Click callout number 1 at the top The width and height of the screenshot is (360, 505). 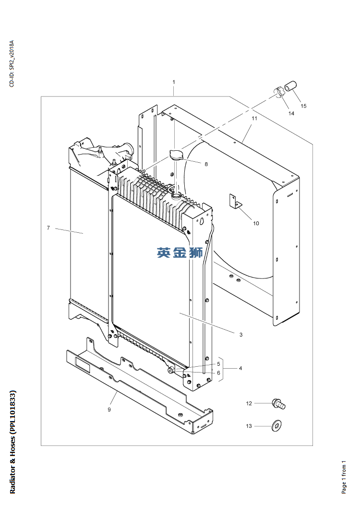(x=174, y=83)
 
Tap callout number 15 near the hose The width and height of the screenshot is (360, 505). (x=303, y=106)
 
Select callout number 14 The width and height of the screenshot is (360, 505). (x=291, y=113)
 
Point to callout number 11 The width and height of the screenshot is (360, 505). (x=254, y=118)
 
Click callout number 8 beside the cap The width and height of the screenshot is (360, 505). (x=206, y=164)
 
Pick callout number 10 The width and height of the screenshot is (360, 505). (x=256, y=223)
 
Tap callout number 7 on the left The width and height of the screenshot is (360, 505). (x=48, y=228)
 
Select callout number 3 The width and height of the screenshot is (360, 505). (x=241, y=334)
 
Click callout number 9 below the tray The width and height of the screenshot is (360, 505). (x=109, y=409)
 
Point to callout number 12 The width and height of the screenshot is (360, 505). (x=249, y=403)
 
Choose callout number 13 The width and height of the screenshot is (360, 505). (x=249, y=426)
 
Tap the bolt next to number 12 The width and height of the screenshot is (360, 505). (x=278, y=404)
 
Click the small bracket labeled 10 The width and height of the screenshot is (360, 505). (x=234, y=202)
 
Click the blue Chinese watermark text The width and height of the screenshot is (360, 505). (x=180, y=252)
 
